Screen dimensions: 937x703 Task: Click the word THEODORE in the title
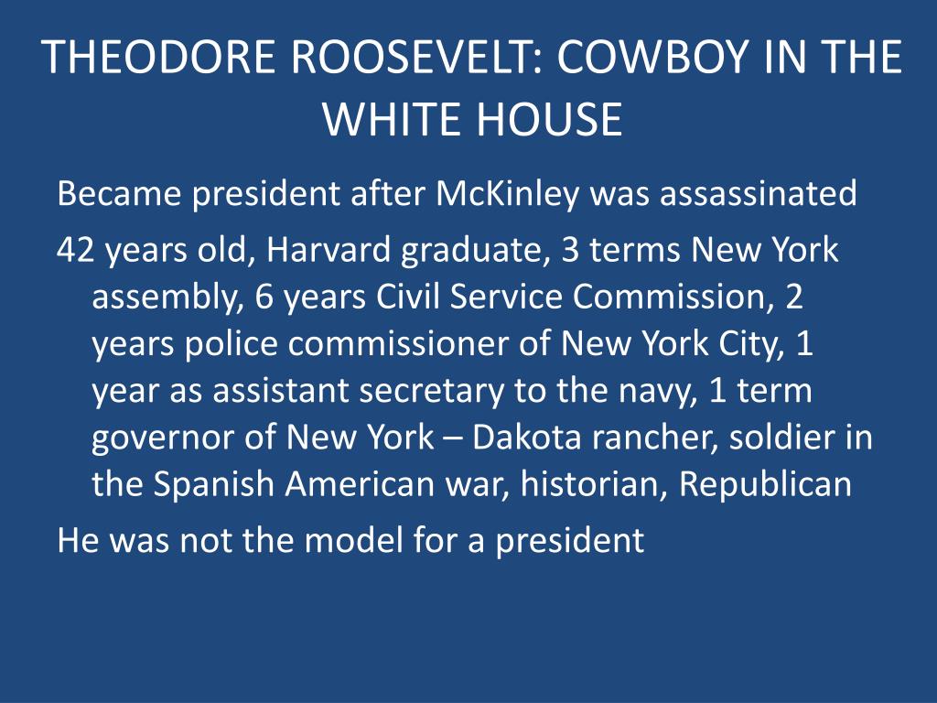coord(161,57)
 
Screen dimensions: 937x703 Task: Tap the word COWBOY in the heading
coord(653,57)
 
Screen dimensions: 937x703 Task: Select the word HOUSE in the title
coord(550,118)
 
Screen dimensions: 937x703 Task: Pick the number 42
coord(75,250)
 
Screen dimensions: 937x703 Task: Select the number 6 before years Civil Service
coord(264,297)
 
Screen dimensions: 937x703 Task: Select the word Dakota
coord(526,437)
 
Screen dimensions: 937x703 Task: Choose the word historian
coord(594,483)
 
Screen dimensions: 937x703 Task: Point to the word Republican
coord(766,484)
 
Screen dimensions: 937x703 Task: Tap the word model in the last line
coord(353,540)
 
